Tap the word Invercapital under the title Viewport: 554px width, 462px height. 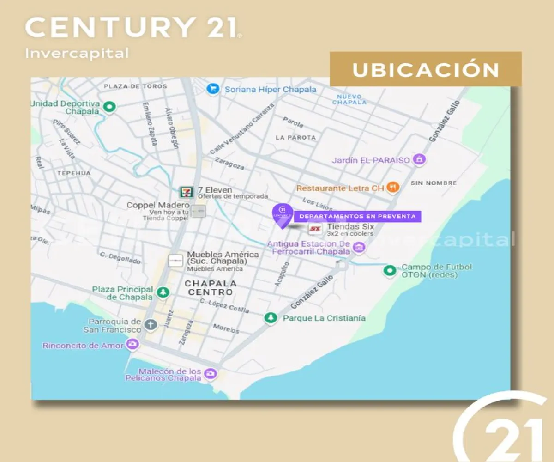coord(77,53)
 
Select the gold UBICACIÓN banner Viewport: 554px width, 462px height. coord(425,69)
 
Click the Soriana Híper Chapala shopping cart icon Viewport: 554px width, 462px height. coord(213,89)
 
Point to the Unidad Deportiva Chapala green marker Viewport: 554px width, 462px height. coord(109,107)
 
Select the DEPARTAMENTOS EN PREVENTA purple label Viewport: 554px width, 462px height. coord(358,216)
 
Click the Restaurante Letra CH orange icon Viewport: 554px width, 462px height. coord(393,187)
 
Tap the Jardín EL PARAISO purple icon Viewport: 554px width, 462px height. coord(419,160)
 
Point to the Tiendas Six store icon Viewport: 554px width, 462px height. coord(315,229)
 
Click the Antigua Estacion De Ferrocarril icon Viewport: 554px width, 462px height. coord(359,248)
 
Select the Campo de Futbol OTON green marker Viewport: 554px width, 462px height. coord(390,270)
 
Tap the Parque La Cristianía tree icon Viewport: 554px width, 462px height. coord(271,317)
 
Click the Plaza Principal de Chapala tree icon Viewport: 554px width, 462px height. coord(163,292)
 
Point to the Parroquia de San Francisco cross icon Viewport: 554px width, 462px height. coord(151,325)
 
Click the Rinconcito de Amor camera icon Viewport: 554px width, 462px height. coord(132,344)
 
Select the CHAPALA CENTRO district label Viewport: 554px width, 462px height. coord(211,287)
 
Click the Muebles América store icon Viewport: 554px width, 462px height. coord(175,261)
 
